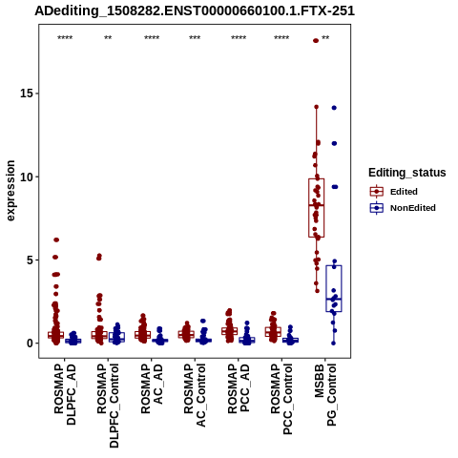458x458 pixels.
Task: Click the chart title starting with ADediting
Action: (x=195, y=11)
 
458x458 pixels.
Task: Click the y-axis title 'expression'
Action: (x=10, y=191)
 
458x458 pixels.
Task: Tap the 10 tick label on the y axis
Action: (x=27, y=177)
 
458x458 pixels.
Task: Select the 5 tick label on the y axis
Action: (x=31, y=260)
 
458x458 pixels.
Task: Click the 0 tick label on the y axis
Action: (x=31, y=343)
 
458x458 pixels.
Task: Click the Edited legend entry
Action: (x=394, y=192)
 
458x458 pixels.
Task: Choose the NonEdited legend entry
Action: (x=403, y=208)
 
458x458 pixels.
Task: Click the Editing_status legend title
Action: (x=407, y=173)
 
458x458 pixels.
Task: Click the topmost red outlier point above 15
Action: (x=316, y=41)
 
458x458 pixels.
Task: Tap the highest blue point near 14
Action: (x=334, y=108)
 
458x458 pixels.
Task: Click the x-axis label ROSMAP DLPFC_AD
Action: (x=65, y=394)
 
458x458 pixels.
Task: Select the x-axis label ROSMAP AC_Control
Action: (x=195, y=395)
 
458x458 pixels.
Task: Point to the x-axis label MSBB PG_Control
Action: (x=325, y=395)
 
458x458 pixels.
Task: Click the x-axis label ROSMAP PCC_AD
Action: (x=239, y=388)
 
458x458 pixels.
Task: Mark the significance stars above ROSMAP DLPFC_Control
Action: (x=108, y=37)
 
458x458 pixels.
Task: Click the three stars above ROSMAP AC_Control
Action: (x=195, y=37)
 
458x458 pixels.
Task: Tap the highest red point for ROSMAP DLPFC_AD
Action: (x=56, y=239)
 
